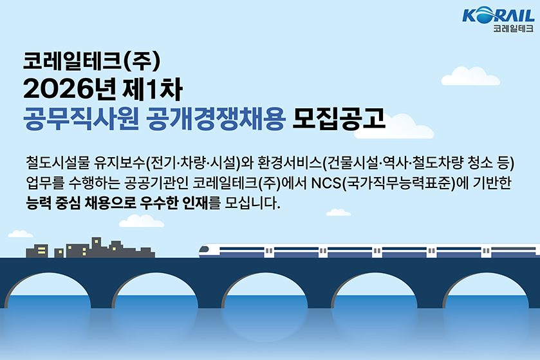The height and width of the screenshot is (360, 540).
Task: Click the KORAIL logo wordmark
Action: [x=498, y=15]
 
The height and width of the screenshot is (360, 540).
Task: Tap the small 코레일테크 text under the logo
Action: [x=513, y=28]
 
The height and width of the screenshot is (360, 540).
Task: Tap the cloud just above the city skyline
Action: [x=141, y=221]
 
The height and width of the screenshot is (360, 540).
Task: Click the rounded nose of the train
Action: [x=205, y=251]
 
